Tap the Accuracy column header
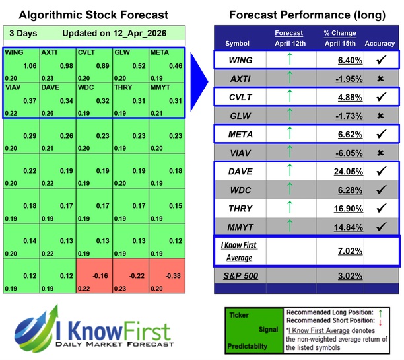coord(379,44)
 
